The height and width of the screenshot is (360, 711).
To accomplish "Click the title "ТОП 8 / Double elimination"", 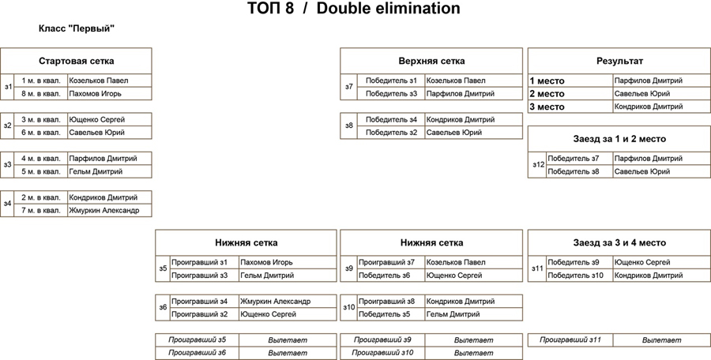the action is (354, 9).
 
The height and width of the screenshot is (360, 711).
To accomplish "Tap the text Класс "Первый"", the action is (77, 29).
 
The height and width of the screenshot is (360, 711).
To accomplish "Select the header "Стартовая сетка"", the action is (76, 62).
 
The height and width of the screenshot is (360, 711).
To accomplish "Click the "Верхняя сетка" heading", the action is (431, 62).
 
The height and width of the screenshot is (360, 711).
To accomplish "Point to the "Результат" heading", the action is (619, 62).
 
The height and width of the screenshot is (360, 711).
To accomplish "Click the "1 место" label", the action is (547, 81).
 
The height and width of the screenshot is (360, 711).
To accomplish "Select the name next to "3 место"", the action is (649, 107).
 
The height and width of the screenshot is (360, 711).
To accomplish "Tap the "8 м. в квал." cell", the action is (41, 94).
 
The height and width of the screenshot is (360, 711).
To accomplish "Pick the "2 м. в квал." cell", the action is (41, 197).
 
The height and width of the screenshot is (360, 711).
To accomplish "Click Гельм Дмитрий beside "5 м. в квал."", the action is (96, 172).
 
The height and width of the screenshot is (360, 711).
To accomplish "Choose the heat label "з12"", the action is (538, 165).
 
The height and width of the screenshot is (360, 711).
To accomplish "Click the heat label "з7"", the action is (348, 87).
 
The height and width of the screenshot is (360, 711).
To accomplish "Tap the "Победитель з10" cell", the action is (575, 276).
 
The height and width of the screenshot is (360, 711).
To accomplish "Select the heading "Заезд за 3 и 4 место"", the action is (619, 243).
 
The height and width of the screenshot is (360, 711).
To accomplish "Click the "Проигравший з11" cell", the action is (570, 340).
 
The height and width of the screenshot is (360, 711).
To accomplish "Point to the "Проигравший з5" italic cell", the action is (197, 340).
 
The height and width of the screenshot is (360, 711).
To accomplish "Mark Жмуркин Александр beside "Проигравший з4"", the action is (276, 302).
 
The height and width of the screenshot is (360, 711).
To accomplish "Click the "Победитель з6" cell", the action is (385, 276).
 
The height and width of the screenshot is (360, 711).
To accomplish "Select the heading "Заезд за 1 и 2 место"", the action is (619, 139).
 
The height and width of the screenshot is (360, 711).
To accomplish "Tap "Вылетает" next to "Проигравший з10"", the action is (473, 353).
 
